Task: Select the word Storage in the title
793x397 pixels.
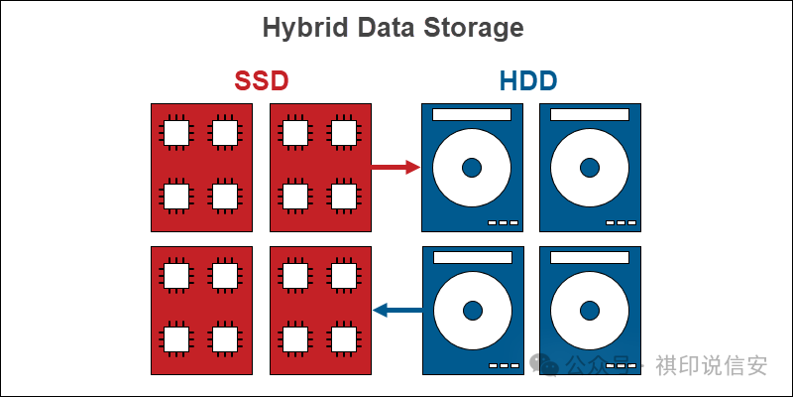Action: pos(471,28)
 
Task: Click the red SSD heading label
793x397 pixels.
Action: pos(262,80)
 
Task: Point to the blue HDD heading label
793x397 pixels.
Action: pos(528,80)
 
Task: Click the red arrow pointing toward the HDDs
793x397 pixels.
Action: pos(396,167)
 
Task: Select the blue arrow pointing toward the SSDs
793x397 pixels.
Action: pos(397,311)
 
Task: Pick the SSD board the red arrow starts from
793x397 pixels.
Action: pos(320,167)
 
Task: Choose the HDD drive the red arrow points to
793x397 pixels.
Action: pos(471,167)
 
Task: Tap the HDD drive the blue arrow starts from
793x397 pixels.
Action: pos(471,311)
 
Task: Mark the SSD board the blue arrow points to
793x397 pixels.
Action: pos(320,311)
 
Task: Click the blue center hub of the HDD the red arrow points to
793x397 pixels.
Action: pos(471,167)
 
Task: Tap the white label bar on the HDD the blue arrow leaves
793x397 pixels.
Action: pos(471,258)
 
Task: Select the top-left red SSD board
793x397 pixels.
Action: pos(200,167)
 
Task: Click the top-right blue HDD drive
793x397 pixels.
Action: pos(590,167)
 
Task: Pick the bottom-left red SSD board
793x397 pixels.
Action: pos(200,311)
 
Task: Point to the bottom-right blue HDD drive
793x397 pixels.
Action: pos(590,311)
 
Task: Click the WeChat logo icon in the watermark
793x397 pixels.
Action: pos(544,364)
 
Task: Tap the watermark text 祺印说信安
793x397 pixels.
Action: pos(711,365)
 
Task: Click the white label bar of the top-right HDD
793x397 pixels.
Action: pos(590,114)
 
